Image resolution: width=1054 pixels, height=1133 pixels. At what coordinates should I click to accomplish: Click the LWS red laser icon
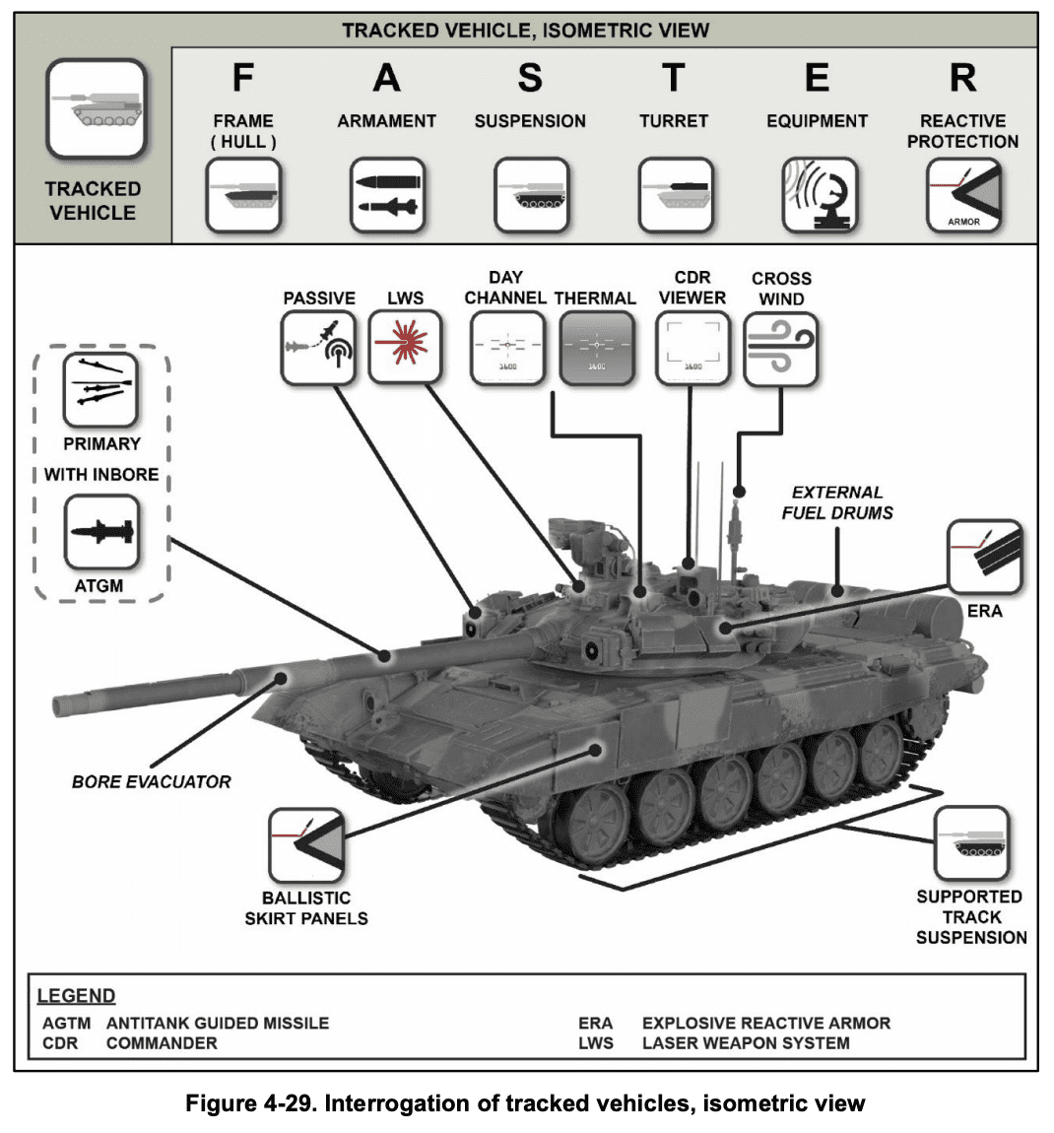405,348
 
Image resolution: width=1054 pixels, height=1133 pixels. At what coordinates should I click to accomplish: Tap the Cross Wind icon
781,349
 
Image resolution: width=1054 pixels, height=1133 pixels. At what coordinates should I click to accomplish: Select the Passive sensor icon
318,348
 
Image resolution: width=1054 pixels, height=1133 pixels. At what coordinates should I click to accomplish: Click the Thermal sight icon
596,349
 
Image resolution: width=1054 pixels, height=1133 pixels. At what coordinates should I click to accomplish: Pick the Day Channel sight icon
507,349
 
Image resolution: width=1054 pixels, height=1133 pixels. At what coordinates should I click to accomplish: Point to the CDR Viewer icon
693,349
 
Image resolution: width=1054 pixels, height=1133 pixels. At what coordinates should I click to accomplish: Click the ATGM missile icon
101,533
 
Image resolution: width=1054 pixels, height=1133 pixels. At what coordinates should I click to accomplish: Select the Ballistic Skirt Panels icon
306,845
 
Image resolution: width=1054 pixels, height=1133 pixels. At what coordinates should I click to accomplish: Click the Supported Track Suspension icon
971,843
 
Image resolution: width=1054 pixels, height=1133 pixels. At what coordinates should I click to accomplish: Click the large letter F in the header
242,78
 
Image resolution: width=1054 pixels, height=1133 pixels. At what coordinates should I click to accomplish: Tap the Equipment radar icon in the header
819,195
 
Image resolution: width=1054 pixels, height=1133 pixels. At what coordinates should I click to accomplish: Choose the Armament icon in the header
387,195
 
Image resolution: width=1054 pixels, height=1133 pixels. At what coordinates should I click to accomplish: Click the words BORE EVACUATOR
151,781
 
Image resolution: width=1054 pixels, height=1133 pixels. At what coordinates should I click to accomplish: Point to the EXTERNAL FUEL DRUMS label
837,502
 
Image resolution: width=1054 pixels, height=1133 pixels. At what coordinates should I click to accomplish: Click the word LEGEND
76,995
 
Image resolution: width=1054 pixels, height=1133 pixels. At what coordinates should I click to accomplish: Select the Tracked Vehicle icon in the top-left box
96,109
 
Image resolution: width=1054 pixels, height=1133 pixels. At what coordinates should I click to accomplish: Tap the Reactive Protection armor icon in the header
962,195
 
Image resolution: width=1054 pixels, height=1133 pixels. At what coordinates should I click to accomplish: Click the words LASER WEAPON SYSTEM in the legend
745,1042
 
